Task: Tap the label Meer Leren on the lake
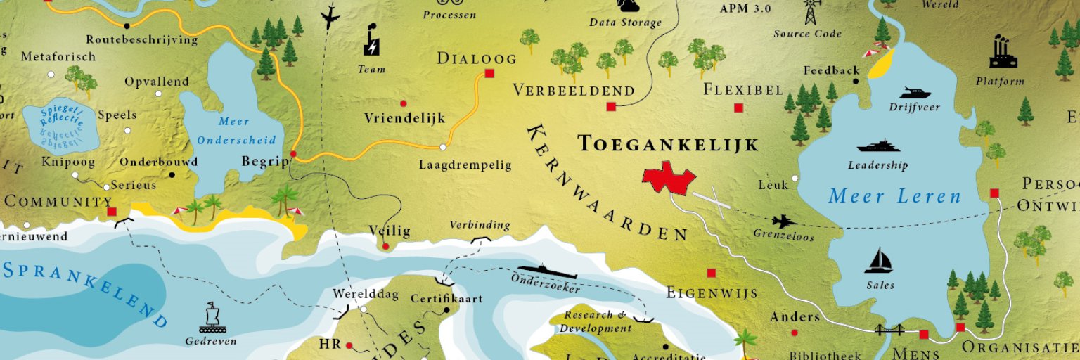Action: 894,196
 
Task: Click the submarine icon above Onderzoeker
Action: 547,271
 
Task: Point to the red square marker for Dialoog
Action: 489,73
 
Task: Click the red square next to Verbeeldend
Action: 610,106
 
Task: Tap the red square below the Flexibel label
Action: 738,108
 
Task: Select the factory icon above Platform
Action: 1003,53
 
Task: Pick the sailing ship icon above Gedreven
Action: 211,318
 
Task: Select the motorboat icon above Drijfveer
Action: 915,93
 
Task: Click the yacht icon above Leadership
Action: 878,146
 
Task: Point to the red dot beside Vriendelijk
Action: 403,103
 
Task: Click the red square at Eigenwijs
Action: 711,273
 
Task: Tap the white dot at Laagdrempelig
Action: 443,147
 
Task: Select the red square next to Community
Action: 111,211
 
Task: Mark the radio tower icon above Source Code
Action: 811,12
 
